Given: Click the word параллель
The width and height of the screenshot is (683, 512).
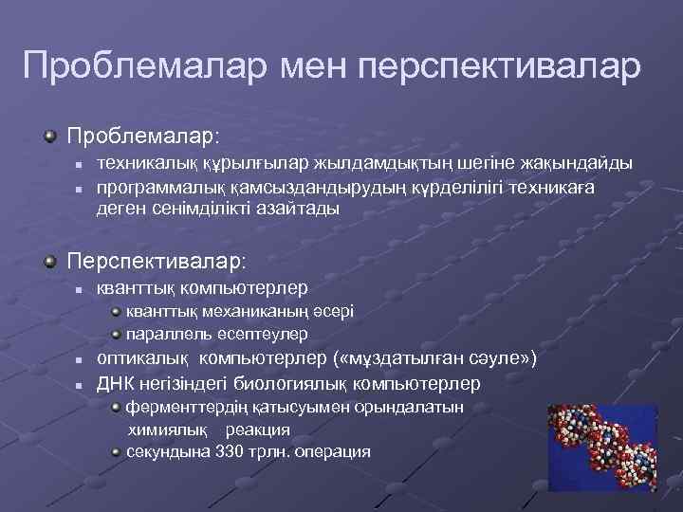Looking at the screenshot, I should point(166,334).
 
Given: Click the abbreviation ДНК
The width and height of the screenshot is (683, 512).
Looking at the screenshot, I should point(117,383).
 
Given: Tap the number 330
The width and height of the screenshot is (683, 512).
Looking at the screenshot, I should point(230,451).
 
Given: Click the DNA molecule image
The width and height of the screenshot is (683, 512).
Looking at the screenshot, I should point(601,445).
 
